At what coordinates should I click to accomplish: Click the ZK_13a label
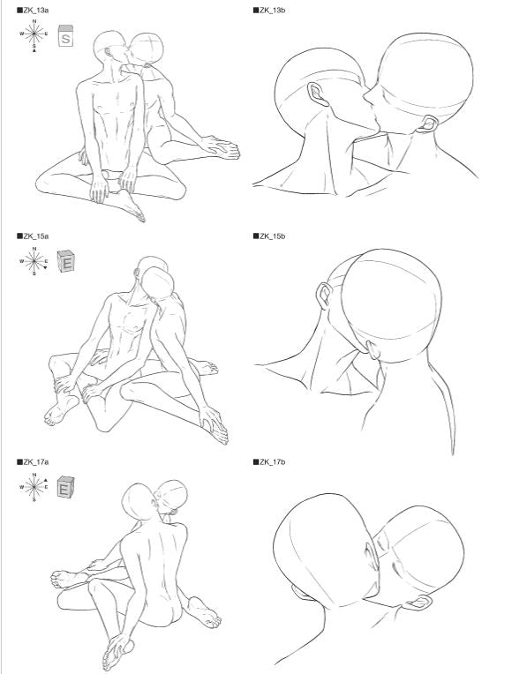(33, 11)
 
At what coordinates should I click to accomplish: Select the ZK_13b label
(269, 11)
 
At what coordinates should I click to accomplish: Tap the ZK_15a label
(33, 236)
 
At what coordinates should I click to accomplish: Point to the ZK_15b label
(269, 236)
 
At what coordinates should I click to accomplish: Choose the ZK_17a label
(33, 462)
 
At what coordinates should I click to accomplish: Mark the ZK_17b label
(269, 462)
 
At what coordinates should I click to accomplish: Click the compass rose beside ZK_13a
(34, 34)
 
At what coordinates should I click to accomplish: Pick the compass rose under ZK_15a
(34, 261)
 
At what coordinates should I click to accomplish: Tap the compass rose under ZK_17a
(34, 487)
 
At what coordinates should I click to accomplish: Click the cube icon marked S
(66, 35)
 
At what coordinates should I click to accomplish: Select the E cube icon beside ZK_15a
(66, 261)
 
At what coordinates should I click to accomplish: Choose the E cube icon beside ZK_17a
(66, 488)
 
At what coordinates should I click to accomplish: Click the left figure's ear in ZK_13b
(318, 94)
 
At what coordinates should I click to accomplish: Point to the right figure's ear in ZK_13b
(428, 124)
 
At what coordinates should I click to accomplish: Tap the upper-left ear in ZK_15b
(323, 296)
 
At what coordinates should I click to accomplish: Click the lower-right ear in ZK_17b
(419, 603)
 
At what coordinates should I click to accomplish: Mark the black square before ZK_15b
(256, 236)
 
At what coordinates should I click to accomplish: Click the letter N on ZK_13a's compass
(34, 21)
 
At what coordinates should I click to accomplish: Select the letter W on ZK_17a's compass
(21, 487)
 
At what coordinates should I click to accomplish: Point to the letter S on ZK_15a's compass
(34, 273)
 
